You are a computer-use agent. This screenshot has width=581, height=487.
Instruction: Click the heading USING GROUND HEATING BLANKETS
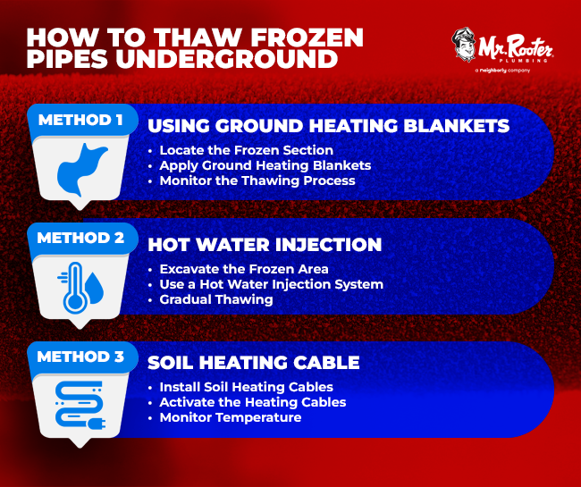click(x=328, y=126)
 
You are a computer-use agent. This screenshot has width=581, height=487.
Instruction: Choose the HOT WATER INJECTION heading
click(x=264, y=245)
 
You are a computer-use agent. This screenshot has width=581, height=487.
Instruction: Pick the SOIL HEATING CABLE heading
click(x=253, y=363)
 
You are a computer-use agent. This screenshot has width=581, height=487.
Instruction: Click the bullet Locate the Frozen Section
click(x=246, y=150)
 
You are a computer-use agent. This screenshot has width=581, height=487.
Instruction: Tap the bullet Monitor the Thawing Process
click(x=257, y=181)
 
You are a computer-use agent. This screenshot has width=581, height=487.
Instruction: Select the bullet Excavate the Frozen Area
click(x=244, y=269)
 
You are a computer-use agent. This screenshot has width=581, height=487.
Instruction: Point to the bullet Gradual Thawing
click(x=216, y=299)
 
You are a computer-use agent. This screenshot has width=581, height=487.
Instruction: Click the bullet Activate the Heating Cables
click(x=252, y=402)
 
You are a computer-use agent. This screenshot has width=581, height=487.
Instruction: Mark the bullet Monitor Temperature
click(x=230, y=417)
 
